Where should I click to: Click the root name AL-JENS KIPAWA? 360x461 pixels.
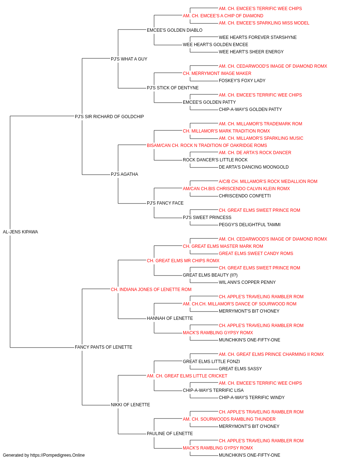pos(21,232)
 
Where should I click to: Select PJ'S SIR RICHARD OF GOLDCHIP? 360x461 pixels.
pos(109,117)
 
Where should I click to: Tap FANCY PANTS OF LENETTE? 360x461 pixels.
pos(103,347)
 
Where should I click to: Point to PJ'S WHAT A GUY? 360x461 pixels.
pos(129,59)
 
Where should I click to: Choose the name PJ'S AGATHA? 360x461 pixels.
pos(125,174)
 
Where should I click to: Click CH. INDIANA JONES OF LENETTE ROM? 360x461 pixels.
pos(151,290)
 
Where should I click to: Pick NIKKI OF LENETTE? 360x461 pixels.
pos(130,405)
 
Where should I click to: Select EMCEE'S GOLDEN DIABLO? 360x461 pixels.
pos(175,30)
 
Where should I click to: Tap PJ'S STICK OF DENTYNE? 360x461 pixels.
pos(173,88)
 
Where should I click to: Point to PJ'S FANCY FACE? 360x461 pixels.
pos(165,203)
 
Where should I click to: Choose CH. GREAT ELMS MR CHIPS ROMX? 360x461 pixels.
pos(183,261)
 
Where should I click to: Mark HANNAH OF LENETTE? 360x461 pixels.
pos(170,318)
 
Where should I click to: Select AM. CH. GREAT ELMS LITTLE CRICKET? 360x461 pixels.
pos(187,376)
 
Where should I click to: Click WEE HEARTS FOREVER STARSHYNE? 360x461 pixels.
pos(258,37)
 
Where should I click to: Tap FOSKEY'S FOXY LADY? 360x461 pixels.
pos(242,81)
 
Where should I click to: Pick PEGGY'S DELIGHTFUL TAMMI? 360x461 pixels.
pos(249,225)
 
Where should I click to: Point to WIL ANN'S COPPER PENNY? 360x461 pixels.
pos(247,282)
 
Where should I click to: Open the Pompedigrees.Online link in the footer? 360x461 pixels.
pos(58,455)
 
